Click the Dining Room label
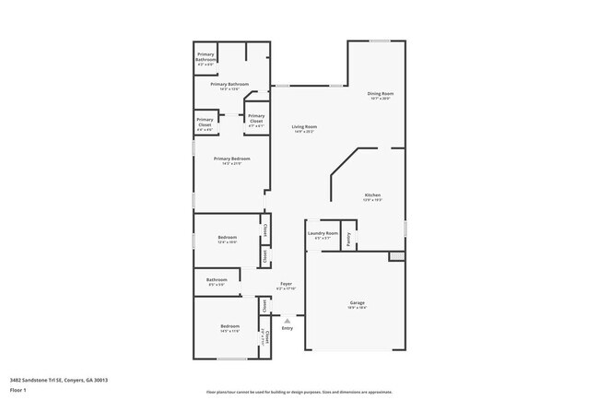tap(381, 93)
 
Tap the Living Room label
tap(305, 126)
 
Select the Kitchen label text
tap(372, 195)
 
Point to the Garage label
tap(357, 303)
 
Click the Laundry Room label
tap(323, 234)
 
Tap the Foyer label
tap(287, 284)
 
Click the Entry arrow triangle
tap(287, 320)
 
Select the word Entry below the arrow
tap(287, 328)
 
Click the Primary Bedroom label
tap(231, 159)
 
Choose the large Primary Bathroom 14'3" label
tap(229, 85)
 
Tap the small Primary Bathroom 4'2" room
tap(206, 60)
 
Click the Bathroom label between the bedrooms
tap(217, 279)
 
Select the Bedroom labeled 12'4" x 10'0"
tap(228, 238)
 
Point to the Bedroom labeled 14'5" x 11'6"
tap(229, 327)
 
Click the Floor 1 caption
tap(18, 391)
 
